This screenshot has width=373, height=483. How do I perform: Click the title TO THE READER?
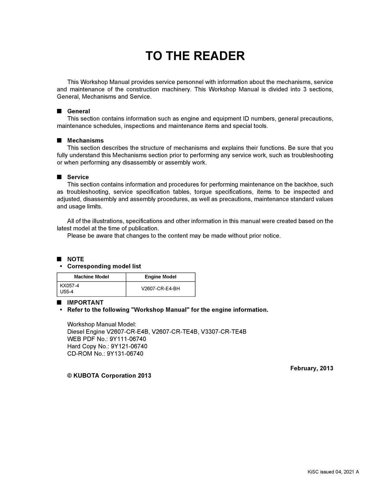click(x=195, y=56)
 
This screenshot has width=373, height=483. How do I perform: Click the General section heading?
click(x=78, y=111)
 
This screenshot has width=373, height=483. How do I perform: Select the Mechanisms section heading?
click(x=85, y=140)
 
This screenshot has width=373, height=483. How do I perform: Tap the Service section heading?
click(x=78, y=177)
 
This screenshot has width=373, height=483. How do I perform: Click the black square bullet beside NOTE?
click(x=59, y=259)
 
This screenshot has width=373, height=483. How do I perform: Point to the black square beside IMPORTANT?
click(x=59, y=302)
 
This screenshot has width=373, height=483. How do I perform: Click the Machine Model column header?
click(x=91, y=277)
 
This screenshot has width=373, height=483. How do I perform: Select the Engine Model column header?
click(x=160, y=277)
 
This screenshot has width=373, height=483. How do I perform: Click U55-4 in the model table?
click(x=67, y=292)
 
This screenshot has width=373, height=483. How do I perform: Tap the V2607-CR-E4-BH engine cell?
click(x=160, y=289)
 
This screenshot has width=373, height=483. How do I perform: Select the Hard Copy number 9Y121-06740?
click(x=129, y=346)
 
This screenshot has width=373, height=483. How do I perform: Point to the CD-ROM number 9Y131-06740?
click(x=125, y=353)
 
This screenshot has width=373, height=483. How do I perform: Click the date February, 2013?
click(x=312, y=368)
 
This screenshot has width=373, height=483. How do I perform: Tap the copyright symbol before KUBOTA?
click(x=69, y=376)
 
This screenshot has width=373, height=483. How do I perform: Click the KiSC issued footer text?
click(x=333, y=472)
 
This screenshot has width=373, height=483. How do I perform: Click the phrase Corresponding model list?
click(x=104, y=266)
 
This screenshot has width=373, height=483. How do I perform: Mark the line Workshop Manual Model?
click(x=102, y=325)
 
